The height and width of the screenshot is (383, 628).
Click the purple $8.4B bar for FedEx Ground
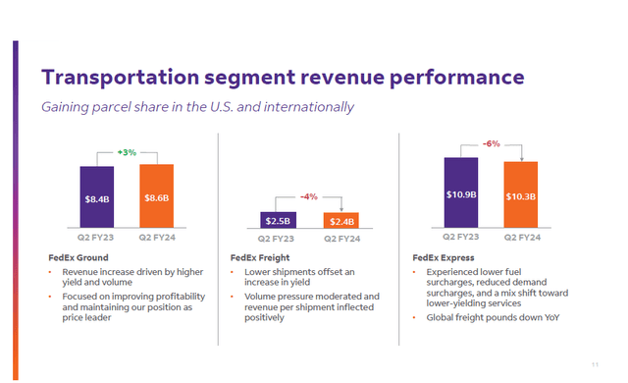[x=97, y=197]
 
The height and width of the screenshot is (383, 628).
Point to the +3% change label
[x=128, y=153]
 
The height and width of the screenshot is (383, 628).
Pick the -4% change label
[x=309, y=197]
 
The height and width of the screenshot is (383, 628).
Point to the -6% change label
[x=492, y=143]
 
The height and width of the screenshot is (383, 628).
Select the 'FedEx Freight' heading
[x=259, y=257]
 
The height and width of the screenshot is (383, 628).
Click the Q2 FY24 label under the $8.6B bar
[x=157, y=237]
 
